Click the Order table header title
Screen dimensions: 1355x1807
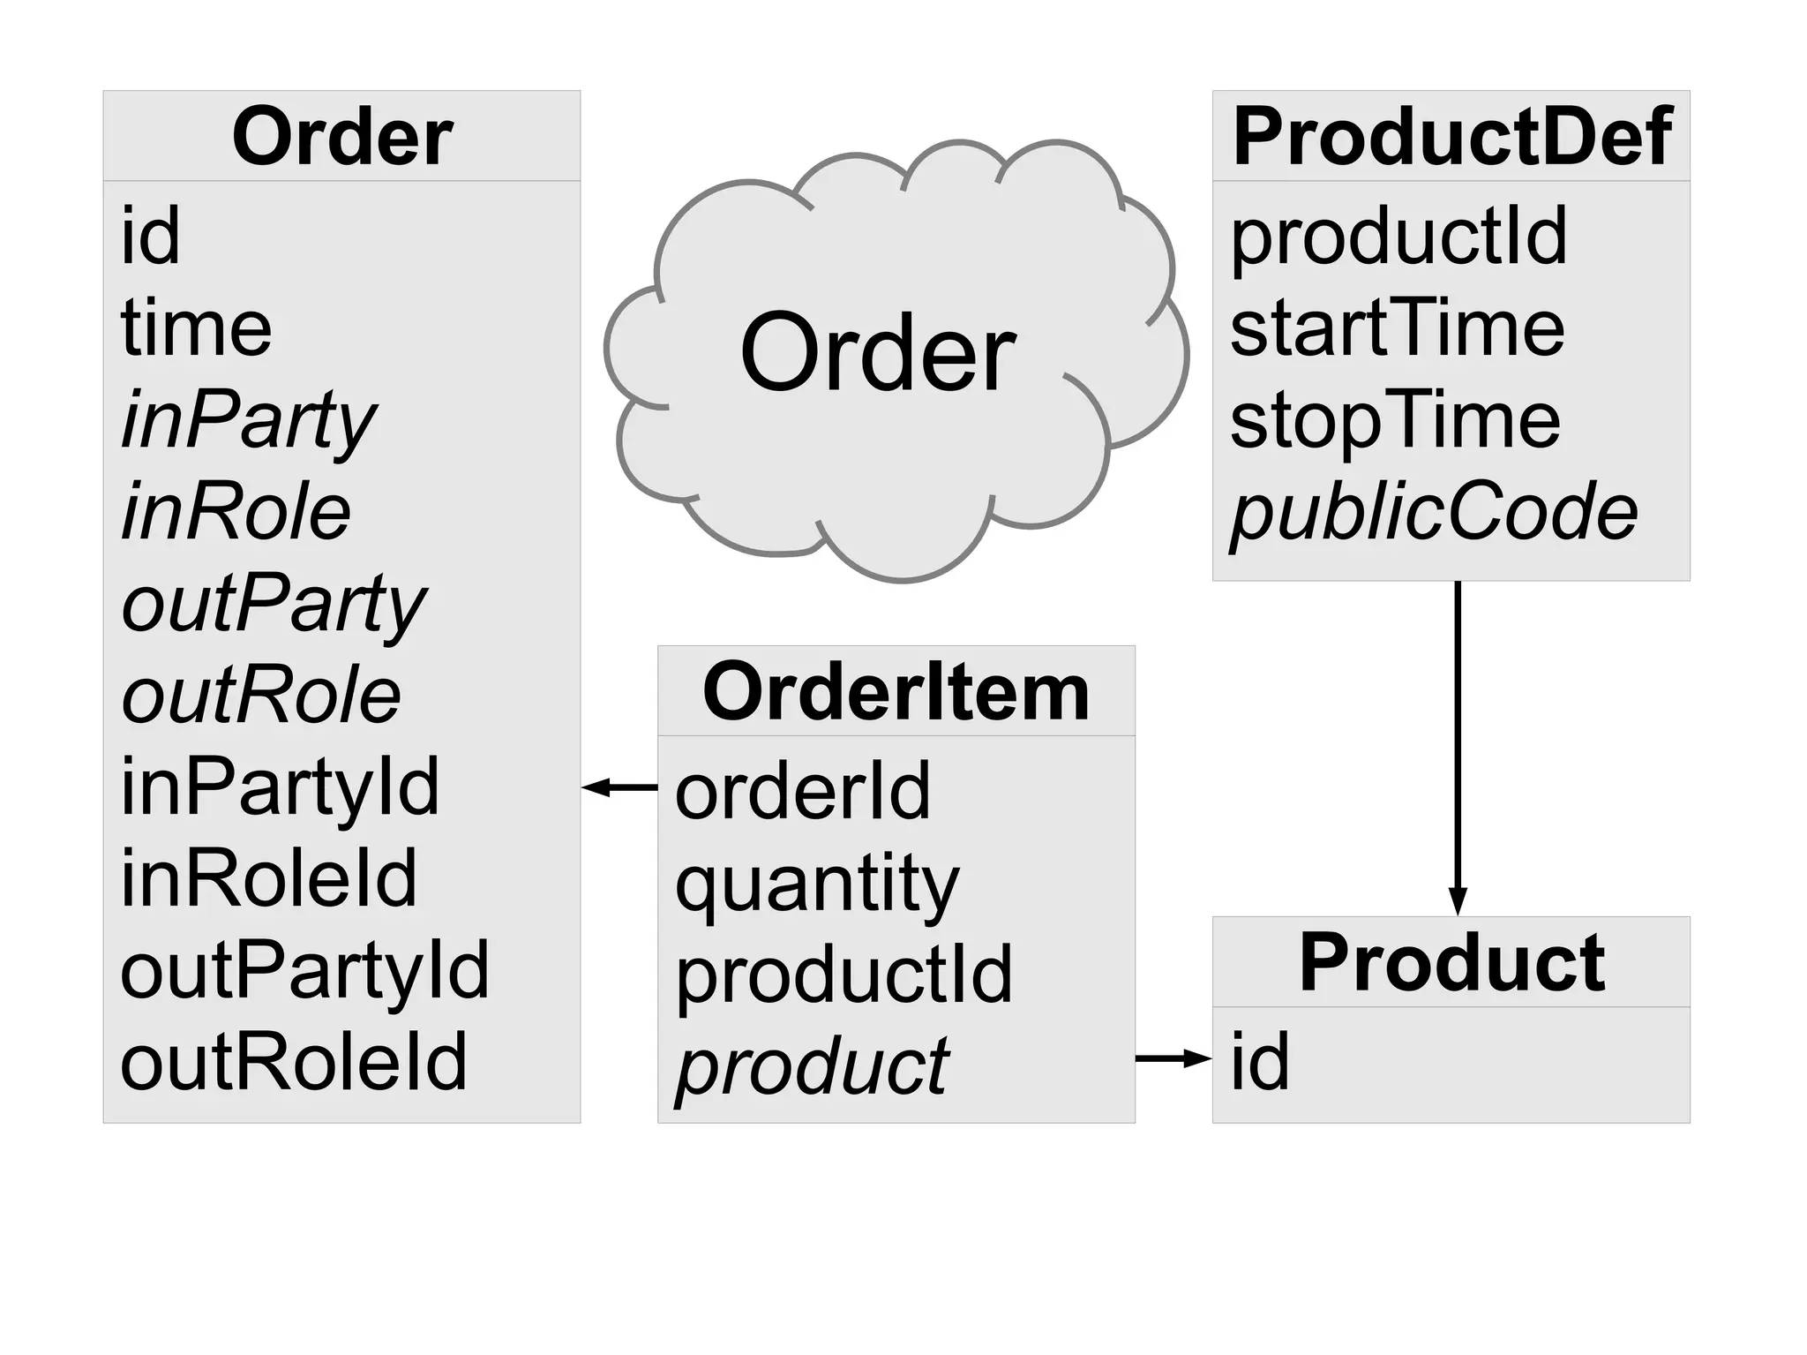342,137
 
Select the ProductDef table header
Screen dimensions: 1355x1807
1451,137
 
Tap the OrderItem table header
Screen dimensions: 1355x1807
896,692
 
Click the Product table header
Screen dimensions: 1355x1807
1451,963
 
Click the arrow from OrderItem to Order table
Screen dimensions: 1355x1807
619,787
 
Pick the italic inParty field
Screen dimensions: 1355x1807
249,421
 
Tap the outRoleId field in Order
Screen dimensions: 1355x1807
293,1062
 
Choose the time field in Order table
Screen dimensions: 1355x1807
196,328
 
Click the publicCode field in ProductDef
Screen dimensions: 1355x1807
1434,512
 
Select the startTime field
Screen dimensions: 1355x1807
1397,328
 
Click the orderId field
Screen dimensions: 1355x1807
802,792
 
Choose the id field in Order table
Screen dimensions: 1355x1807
150,236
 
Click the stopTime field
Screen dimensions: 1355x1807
1395,420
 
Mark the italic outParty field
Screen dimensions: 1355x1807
274,604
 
